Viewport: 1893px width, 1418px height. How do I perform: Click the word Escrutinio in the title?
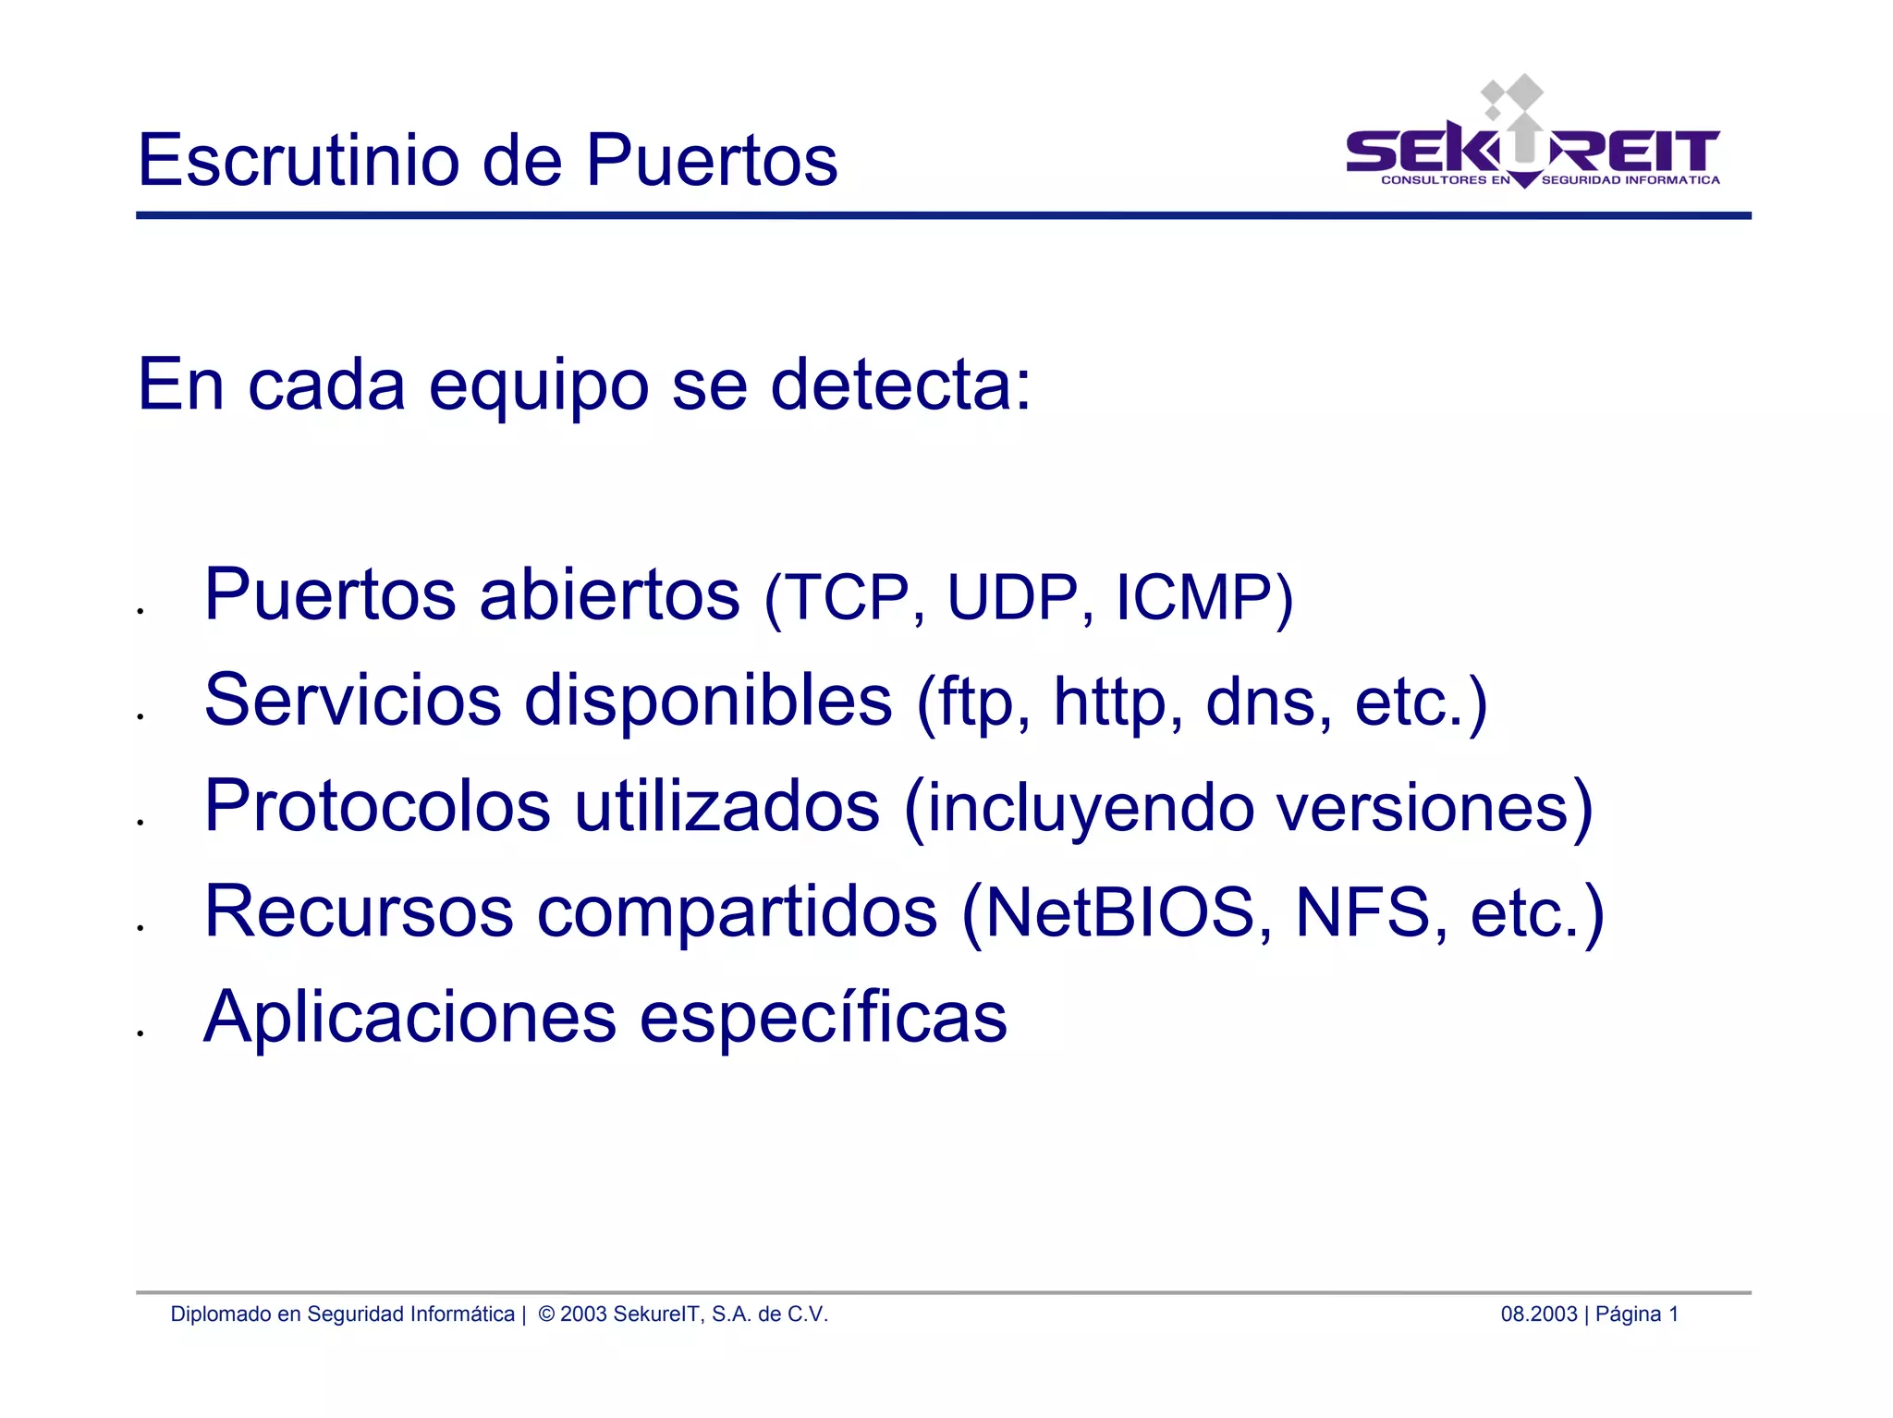299,160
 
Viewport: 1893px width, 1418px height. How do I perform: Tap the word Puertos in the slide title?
712,160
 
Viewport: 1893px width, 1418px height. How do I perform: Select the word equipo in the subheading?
539,386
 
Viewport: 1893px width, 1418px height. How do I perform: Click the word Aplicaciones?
409,1017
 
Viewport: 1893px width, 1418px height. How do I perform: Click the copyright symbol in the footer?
545,1314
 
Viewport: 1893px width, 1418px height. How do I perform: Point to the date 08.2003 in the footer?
1538,1314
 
